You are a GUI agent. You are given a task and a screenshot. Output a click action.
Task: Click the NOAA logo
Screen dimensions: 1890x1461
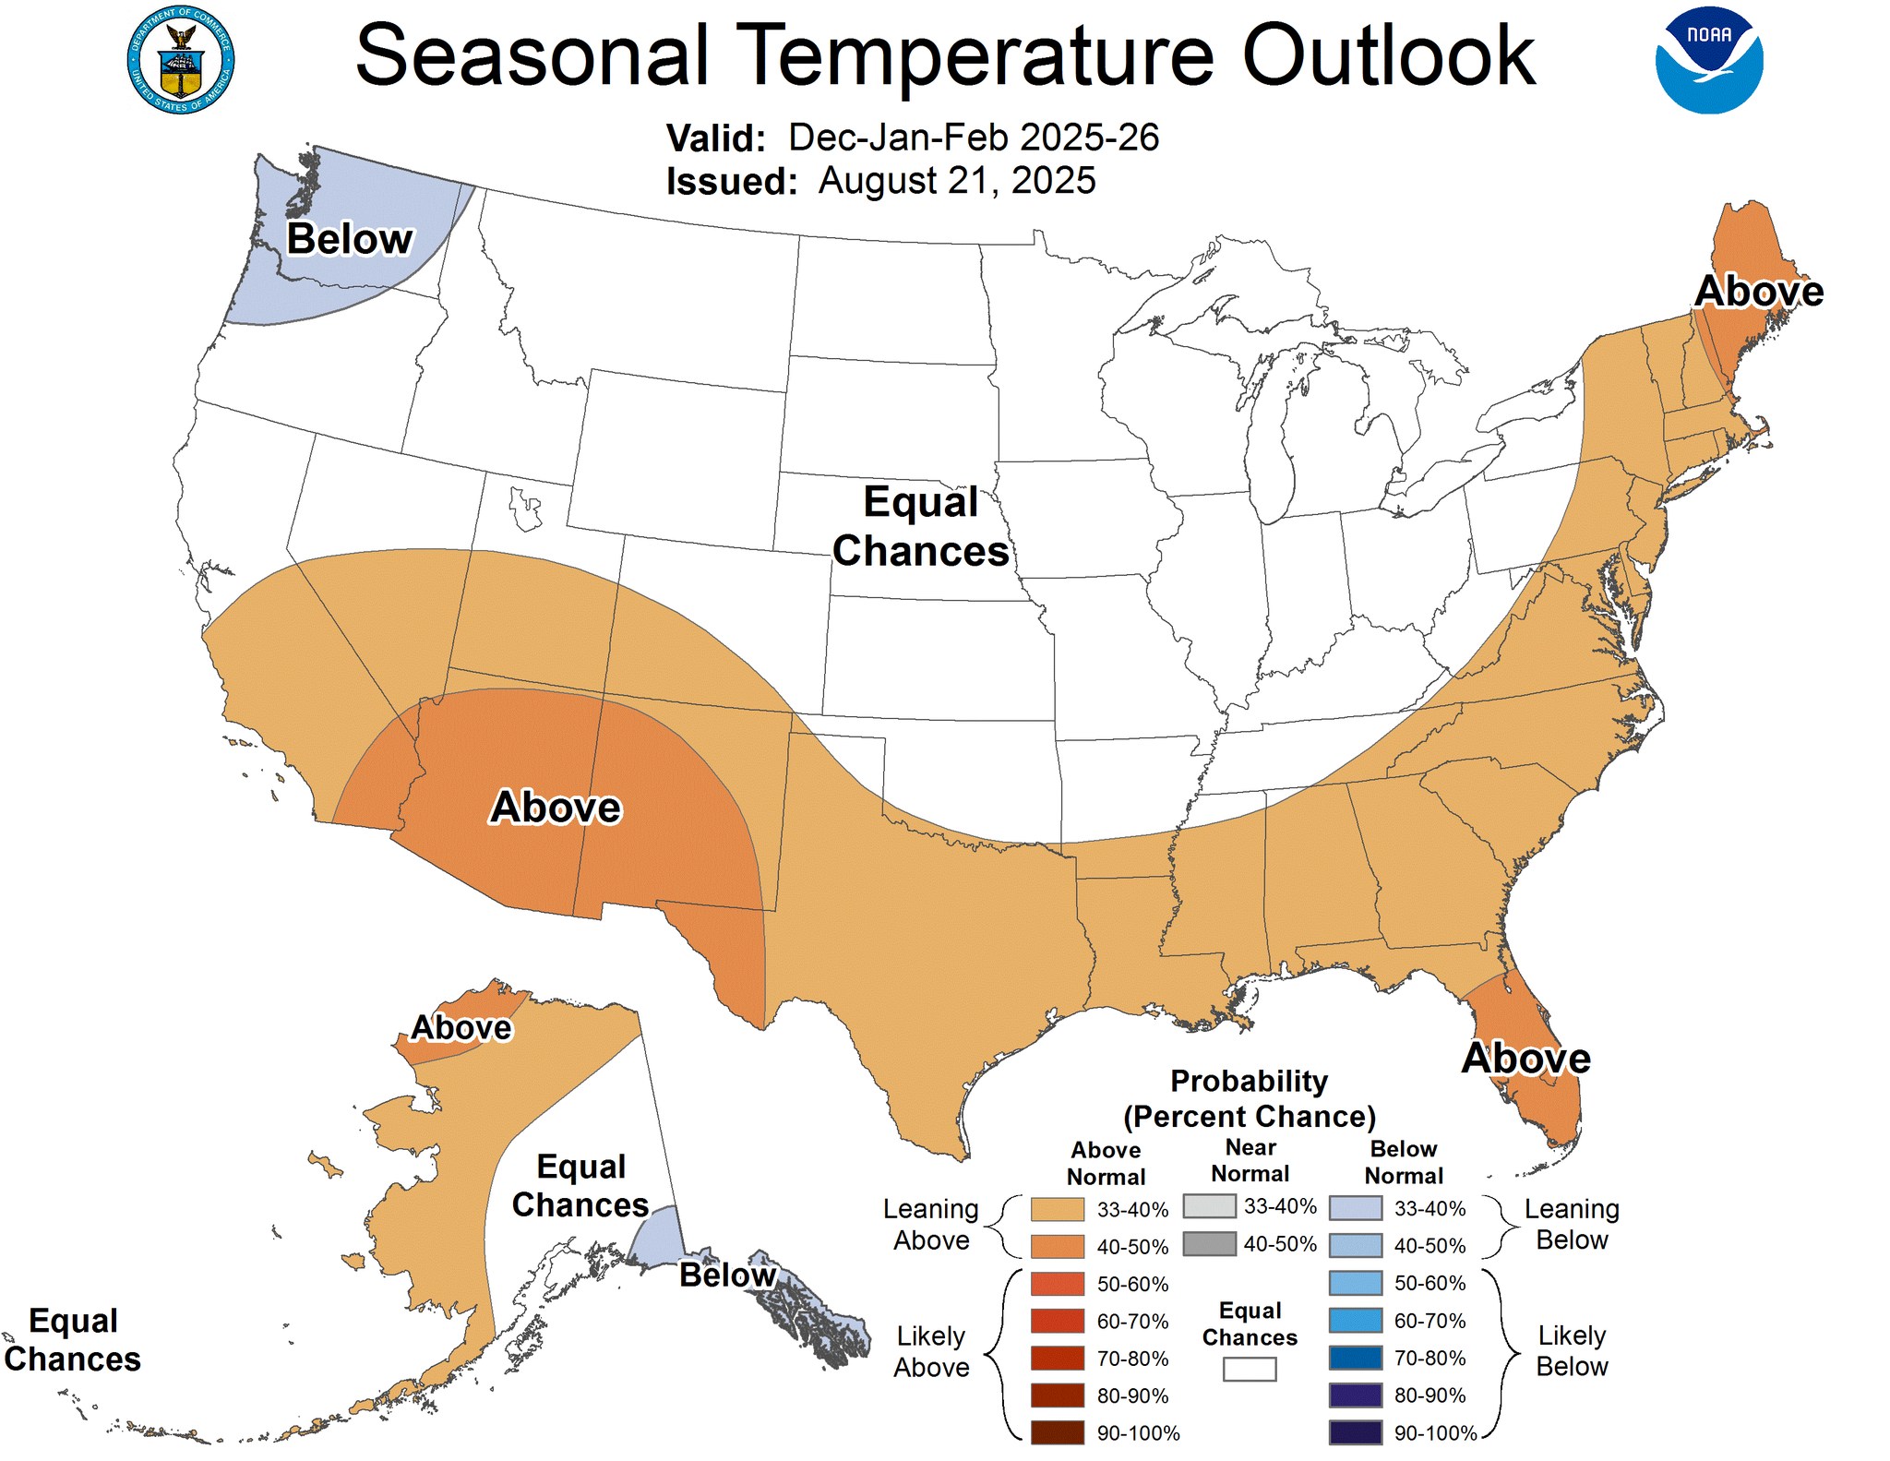tap(1708, 60)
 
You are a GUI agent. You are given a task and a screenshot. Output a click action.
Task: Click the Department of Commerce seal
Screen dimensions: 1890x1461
tap(181, 60)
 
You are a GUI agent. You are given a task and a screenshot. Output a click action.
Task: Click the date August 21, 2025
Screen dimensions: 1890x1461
tap(956, 181)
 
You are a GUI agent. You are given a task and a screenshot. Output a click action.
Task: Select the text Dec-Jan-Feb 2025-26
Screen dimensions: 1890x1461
tap(973, 138)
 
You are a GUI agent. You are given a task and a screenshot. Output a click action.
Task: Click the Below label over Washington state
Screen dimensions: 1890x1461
tap(350, 239)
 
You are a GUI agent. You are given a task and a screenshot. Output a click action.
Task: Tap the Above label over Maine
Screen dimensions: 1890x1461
tap(1759, 292)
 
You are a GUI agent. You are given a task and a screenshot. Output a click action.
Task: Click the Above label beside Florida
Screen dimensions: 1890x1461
tap(1525, 1059)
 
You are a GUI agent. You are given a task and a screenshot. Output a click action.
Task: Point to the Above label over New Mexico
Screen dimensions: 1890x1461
tap(556, 808)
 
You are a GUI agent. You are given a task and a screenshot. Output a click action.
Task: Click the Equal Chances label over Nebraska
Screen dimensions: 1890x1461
tap(920, 526)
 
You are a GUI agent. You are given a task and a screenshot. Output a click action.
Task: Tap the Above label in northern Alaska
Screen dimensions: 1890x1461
tap(461, 1027)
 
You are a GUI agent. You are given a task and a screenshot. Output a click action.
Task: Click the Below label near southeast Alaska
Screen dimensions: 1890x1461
tap(727, 1275)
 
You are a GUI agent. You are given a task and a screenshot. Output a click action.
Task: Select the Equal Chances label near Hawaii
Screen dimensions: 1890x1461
tap(73, 1340)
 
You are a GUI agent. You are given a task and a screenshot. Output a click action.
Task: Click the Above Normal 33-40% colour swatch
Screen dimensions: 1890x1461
tap(1057, 1209)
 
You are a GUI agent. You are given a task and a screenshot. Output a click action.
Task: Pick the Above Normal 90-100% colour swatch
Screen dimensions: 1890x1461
tap(1057, 1432)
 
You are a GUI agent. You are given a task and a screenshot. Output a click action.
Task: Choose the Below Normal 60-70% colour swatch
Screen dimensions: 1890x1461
tap(1355, 1321)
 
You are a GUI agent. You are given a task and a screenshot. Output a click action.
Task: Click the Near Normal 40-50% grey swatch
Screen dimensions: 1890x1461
tap(1209, 1243)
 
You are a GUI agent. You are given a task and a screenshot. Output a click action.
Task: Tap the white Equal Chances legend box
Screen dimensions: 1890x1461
tap(1249, 1369)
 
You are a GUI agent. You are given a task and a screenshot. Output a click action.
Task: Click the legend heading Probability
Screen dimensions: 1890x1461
tap(1249, 1081)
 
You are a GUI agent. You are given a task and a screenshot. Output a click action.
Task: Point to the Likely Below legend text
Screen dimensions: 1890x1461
tap(1571, 1351)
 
